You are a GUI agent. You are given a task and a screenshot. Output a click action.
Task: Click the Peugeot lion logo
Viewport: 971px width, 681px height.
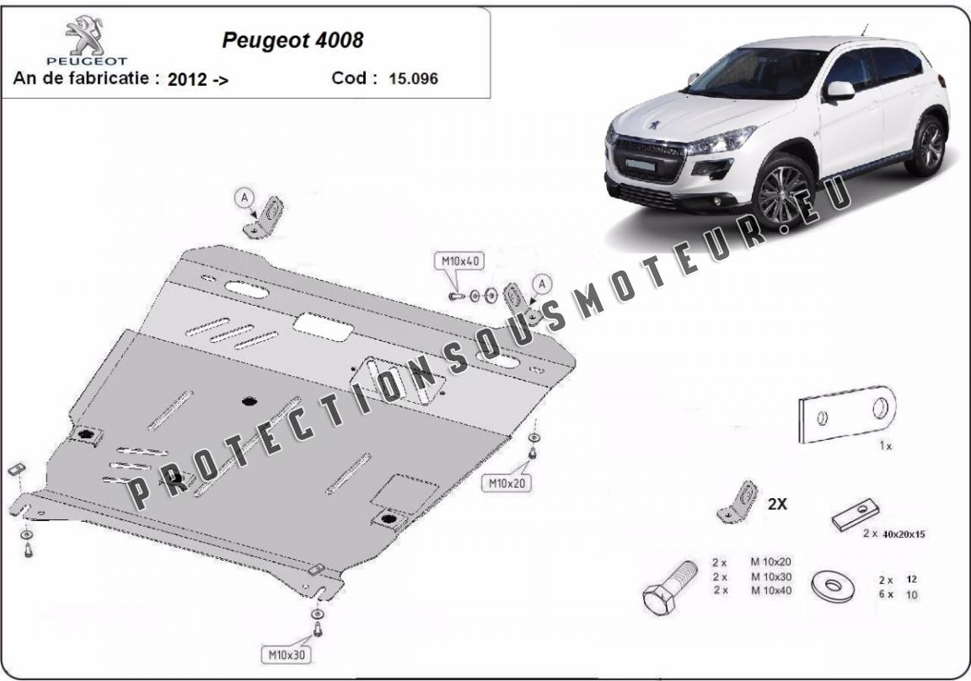85,36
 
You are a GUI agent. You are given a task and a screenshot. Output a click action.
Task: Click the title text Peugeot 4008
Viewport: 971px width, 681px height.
293,40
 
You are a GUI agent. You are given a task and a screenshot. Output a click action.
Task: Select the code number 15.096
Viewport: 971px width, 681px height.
413,78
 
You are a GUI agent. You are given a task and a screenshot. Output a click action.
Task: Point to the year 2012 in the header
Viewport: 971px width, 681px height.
187,80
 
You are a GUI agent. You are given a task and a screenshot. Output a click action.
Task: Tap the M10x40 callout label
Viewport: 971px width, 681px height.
459,261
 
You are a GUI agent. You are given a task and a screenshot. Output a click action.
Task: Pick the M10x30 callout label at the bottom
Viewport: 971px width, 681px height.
287,654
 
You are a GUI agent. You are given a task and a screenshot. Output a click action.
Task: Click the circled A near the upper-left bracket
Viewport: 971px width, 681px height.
244,197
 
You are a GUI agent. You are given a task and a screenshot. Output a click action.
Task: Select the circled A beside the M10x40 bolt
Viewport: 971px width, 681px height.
542,284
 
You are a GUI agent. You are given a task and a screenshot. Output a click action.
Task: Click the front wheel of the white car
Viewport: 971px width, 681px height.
782,194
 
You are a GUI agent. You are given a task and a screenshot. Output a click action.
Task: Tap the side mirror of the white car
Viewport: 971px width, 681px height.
840,90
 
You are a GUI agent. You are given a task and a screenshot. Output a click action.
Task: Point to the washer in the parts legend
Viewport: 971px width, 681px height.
831,587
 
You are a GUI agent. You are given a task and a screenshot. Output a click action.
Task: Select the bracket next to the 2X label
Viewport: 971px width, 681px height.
738,502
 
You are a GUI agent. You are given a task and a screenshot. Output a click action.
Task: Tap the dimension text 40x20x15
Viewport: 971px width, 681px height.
904,534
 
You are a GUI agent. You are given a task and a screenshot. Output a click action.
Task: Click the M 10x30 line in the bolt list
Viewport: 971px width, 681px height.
771,576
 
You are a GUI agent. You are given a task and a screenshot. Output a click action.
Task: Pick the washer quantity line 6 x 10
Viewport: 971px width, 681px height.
898,595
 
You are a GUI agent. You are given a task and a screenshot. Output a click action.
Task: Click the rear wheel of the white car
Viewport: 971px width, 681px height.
927,146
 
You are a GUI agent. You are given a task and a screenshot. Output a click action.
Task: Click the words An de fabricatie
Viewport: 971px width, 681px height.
81,78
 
